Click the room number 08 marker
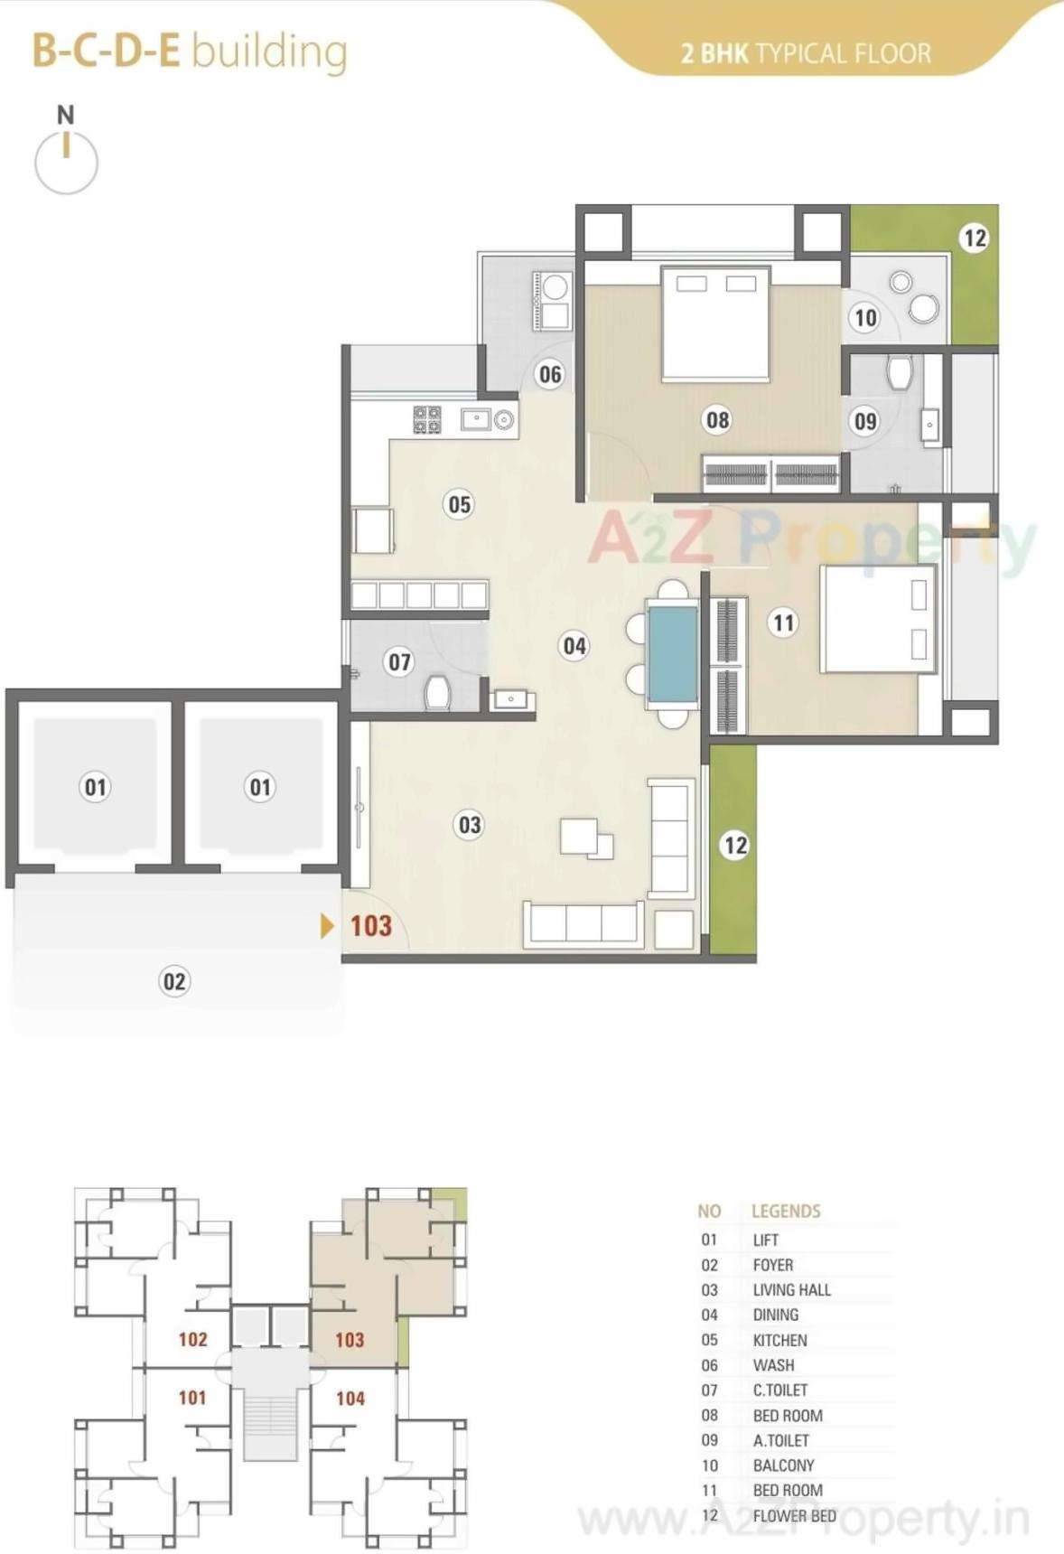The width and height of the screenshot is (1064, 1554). coord(717,419)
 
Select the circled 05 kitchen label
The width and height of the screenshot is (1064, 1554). coord(459,504)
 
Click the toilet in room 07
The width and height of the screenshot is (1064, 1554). coord(438,693)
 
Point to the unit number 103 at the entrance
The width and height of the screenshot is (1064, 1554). coord(371,926)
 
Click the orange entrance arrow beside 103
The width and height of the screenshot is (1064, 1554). coord(327,925)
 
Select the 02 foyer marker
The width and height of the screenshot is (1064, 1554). coord(174,981)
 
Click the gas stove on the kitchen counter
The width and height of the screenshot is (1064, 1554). coord(427,420)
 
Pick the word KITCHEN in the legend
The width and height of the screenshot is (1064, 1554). coord(779,1340)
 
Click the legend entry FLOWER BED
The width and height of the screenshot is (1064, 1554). coord(794,1515)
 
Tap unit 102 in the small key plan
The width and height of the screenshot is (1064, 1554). coord(192,1339)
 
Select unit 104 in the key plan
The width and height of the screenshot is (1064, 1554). coord(350,1399)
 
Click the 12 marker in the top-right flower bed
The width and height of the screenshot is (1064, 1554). coord(974,238)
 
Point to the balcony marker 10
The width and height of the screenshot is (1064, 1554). coord(865,317)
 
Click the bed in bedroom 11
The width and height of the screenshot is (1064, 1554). coord(876,619)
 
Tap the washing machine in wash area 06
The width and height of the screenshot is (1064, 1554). coord(554,287)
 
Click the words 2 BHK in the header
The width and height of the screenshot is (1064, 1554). coord(714,54)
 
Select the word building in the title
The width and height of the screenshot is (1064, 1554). coord(269,51)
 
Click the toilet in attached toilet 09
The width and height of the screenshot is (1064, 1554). coord(900,371)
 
